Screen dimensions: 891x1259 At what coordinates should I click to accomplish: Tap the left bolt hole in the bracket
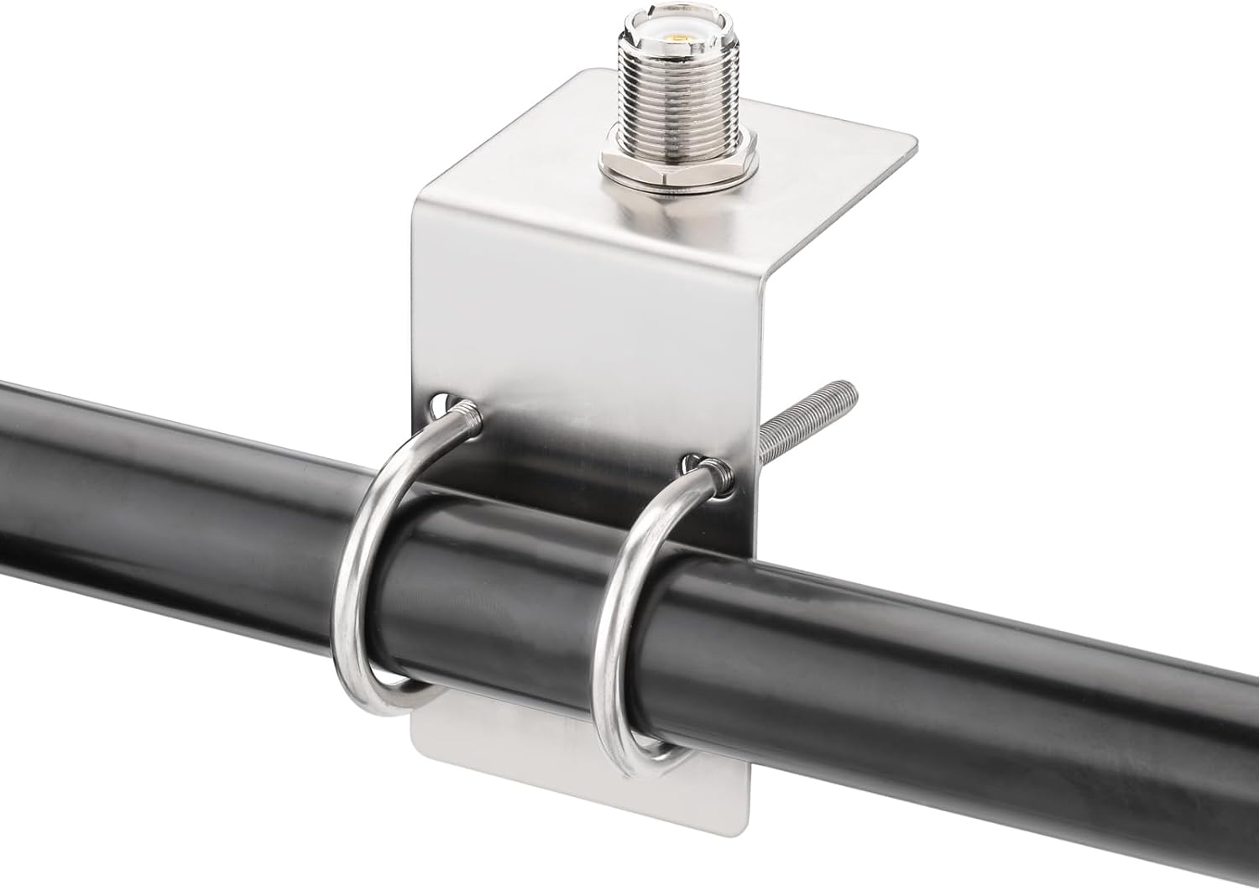pos(442,405)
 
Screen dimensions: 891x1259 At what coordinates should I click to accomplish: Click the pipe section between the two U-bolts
pos(504,604)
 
